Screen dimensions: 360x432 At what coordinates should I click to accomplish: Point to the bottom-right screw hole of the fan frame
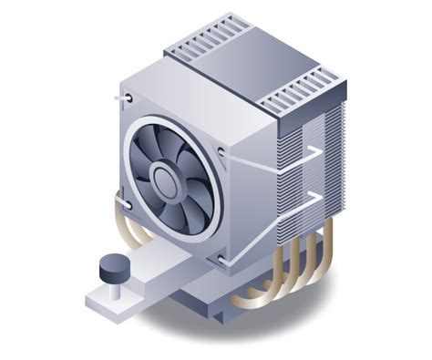[x=221, y=259]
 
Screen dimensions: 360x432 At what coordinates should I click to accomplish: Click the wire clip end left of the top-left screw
[x=118, y=96]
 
